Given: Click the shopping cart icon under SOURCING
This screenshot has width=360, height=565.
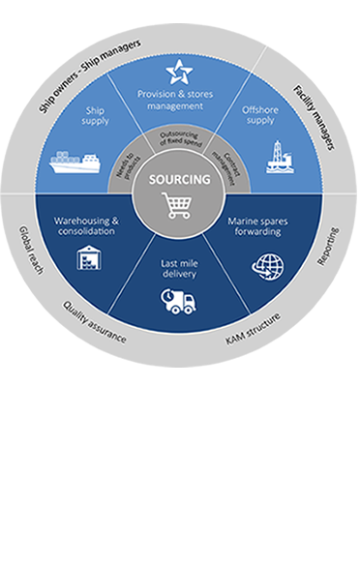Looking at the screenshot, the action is [176, 205].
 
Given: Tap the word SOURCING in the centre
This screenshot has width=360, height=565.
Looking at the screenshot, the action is [179, 179].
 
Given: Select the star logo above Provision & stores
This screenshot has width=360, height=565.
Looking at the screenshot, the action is [179, 72].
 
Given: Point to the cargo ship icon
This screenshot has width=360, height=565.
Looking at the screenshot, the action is [75, 163].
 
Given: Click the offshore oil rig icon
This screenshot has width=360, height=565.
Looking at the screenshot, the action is [280, 157].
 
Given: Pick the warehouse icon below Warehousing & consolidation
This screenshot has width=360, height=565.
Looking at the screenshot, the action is [89, 257].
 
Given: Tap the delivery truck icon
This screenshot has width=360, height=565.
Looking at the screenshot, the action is [178, 301].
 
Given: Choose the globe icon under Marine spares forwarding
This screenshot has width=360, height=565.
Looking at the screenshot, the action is [268, 267].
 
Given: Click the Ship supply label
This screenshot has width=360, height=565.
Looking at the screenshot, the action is [95, 116].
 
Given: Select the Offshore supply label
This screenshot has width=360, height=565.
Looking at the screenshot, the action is [260, 115].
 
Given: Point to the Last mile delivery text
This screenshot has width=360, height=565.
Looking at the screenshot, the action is [179, 269].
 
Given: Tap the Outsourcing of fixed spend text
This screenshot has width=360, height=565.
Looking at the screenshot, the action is [180, 138].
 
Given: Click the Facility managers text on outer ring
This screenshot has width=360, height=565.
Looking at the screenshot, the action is [314, 117].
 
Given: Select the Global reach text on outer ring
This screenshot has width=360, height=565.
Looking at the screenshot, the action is [31, 250].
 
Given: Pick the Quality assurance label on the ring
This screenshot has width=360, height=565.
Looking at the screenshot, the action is [95, 322].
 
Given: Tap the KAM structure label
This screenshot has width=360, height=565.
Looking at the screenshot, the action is [253, 329].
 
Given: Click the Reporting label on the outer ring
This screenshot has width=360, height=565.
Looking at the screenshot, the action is [327, 247].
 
